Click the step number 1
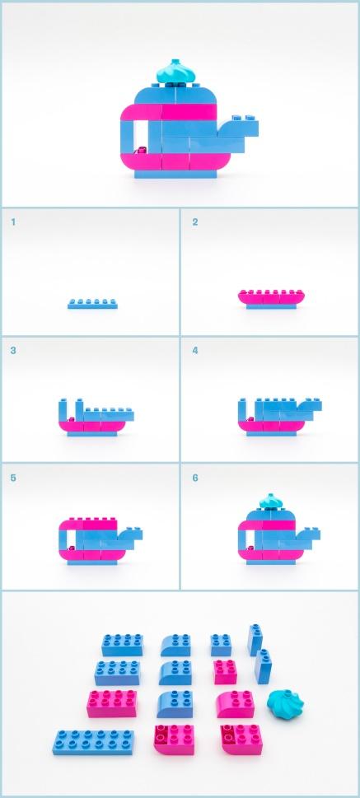(x=13, y=222)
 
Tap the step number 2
(x=195, y=222)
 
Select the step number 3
(x=13, y=350)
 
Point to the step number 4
(x=195, y=350)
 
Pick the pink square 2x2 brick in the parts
(x=225, y=671)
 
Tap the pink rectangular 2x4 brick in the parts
(x=112, y=702)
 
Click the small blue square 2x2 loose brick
(x=221, y=643)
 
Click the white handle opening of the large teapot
(x=141, y=133)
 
